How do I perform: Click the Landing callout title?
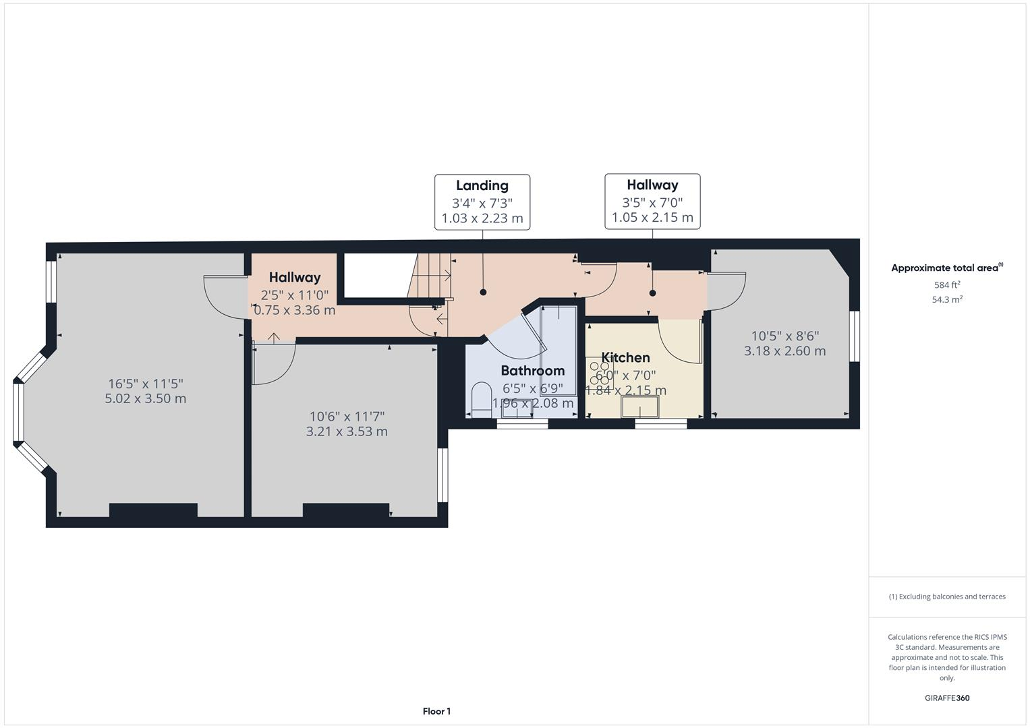(482, 185)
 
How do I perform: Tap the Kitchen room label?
(625, 357)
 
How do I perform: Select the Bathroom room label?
(532, 370)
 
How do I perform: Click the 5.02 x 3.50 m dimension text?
(146, 398)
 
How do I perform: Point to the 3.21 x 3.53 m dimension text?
(347, 431)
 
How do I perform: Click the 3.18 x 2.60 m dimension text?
(784, 351)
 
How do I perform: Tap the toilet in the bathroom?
(482, 398)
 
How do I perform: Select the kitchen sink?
(640, 407)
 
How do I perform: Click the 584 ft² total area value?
(946, 285)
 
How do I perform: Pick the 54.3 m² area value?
(946, 300)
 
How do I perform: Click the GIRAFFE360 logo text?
(946, 698)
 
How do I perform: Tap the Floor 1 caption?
(436, 711)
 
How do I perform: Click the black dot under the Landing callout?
(483, 292)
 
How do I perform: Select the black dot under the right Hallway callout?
(652, 293)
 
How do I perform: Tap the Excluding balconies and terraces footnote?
(946, 597)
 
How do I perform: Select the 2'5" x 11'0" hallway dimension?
(295, 295)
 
